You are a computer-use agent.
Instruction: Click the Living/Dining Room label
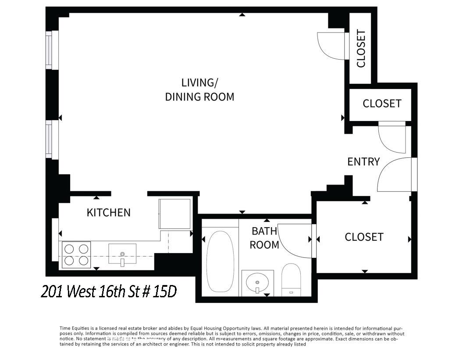[x=199, y=90]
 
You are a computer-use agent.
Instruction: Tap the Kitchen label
[x=108, y=213]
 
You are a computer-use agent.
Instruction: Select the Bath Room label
[x=264, y=238]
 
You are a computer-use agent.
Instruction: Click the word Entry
[x=363, y=162]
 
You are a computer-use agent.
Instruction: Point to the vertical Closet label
[x=361, y=49]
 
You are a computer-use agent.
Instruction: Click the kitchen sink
[x=122, y=255]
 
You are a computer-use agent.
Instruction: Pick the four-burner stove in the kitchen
[x=76, y=255]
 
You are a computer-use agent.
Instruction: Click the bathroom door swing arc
[x=295, y=239]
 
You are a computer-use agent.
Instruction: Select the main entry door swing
[x=395, y=175]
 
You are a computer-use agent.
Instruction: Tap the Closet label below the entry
[x=364, y=237]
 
